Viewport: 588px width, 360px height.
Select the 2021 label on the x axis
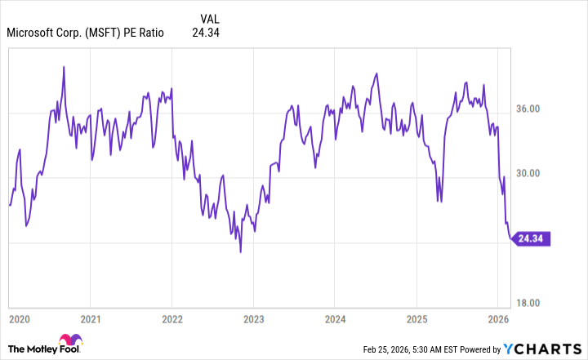click(x=91, y=318)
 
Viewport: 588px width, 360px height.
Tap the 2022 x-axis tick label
click(x=172, y=318)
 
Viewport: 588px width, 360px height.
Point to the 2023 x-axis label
click(x=253, y=318)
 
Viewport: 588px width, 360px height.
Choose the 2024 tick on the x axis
click(x=335, y=318)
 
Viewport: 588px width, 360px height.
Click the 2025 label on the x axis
click(x=416, y=318)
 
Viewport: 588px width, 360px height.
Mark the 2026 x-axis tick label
click(x=497, y=318)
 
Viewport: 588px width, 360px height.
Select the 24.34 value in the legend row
click(x=205, y=33)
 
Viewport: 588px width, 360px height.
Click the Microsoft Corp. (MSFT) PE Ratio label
click(x=85, y=33)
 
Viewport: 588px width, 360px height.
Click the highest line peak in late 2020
click(x=64, y=66)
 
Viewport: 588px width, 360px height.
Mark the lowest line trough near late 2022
click(x=240, y=251)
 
